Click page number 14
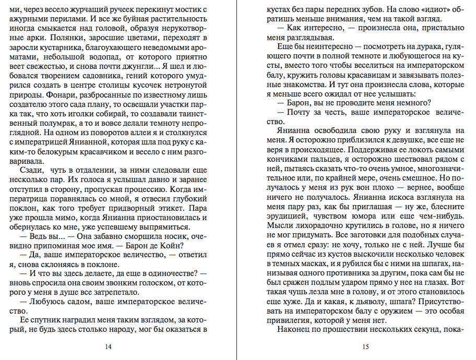click(x=108, y=346)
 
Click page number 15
click(x=365, y=346)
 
